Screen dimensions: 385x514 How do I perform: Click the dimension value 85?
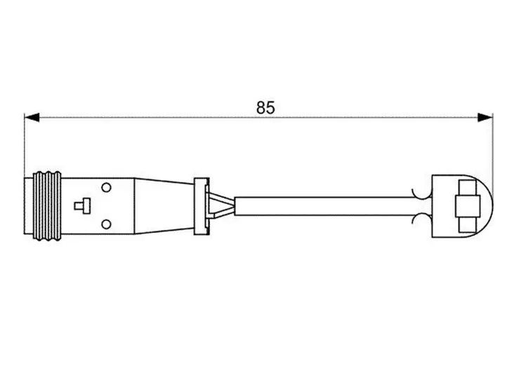pyautogui.click(x=265, y=107)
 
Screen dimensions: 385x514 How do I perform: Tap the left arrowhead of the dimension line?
pyautogui.click(x=32, y=118)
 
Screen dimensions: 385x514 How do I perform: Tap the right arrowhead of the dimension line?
pyautogui.click(x=485, y=118)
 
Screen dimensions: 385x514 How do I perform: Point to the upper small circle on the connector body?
pyautogui.click(x=107, y=187)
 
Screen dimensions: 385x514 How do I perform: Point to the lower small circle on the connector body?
pyautogui.click(x=107, y=224)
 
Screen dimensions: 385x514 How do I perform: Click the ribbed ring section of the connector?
pyautogui.click(x=48, y=205)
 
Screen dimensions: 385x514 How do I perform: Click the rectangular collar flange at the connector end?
pyautogui.click(x=202, y=205)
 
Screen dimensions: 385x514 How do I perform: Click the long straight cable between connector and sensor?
pyautogui.click(x=323, y=206)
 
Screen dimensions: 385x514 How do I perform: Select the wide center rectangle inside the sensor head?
pyautogui.click(x=466, y=206)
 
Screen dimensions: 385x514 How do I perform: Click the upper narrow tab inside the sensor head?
pyautogui.click(x=466, y=188)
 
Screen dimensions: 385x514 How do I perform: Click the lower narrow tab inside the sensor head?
pyautogui.click(x=466, y=224)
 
